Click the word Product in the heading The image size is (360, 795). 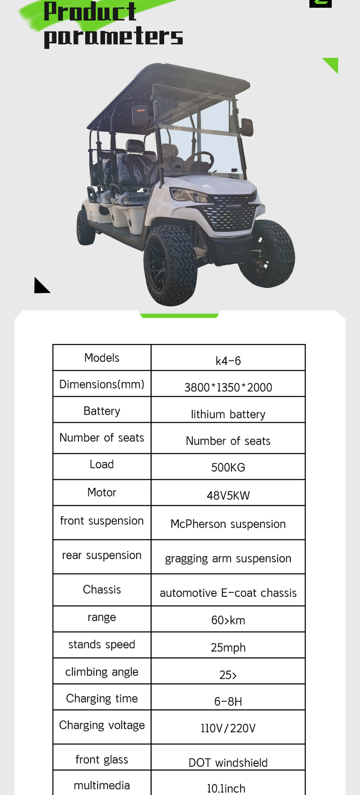(90, 12)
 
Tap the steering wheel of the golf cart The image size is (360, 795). (201, 160)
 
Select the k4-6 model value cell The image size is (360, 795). (228, 361)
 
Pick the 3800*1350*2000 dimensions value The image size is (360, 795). (228, 387)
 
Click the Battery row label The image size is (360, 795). (102, 411)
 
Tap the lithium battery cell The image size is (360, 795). (228, 414)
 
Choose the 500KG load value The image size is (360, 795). (228, 467)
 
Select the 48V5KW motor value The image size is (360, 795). (228, 496)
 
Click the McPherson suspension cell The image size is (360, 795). (228, 524)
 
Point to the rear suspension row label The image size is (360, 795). (102, 555)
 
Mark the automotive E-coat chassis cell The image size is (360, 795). (228, 593)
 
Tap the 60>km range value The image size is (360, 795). (228, 620)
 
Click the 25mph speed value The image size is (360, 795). (228, 647)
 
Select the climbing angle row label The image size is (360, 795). (102, 672)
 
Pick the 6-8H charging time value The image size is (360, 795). (228, 701)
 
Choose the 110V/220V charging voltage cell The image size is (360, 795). (228, 728)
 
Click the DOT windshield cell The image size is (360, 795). (228, 763)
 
